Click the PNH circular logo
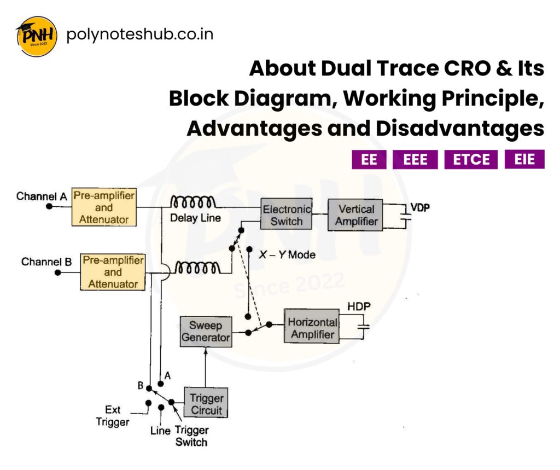(36, 36)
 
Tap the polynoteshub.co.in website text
(139, 34)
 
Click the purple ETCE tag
(471, 160)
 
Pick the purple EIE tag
(524, 159)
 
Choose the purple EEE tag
(415, 160)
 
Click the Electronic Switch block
(286, 214)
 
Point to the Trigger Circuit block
(206, 403)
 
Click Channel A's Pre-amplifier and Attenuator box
(103, 207)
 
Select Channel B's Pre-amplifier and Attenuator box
(113, 271)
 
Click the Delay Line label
(195, 218)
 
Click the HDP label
(359, 307)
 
